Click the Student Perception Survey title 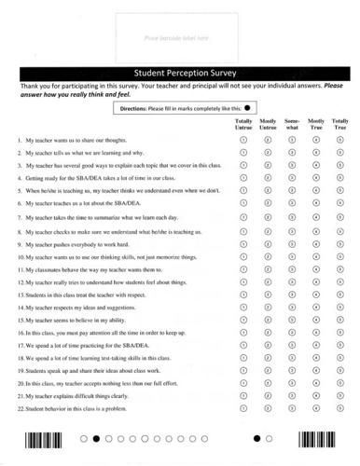click(179, 71)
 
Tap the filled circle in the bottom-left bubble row click(96, 437)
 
